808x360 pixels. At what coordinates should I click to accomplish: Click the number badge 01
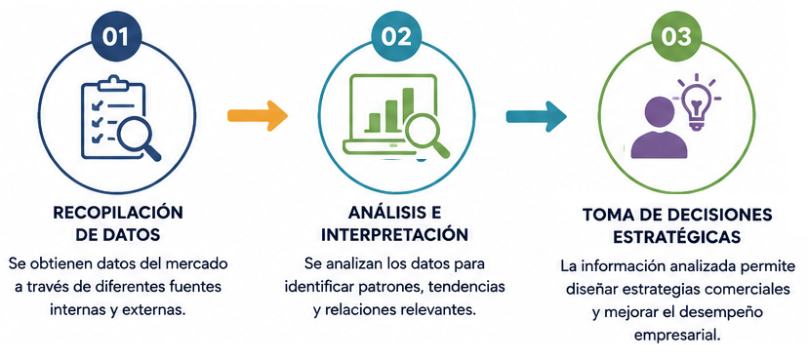(x=116, y=37)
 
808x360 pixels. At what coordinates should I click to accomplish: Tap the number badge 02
(x=396, y=37)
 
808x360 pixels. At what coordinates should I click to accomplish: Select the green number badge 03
(x=675, y=37)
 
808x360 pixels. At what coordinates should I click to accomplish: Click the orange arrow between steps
(x=258, y=116)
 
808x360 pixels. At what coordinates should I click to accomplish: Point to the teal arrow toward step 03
(x=537, y=116)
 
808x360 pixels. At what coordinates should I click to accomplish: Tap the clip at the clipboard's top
(x=113, y=83)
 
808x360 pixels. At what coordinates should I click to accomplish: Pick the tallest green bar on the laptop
(x=408, y=107)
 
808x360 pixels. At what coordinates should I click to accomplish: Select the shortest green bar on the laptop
(x=374, y=122)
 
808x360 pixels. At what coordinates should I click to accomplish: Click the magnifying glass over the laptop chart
(x=425, y=135)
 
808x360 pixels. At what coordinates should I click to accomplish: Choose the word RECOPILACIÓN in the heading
(x=118, y=212)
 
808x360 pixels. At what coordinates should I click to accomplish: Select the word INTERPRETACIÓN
(x=394, y=235)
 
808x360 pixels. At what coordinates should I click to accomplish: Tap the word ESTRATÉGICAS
(x=677, y=237)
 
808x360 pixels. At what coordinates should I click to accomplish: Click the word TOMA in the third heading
(x=607, y=215)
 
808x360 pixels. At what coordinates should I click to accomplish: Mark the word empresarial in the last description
(x=676, y=336)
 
